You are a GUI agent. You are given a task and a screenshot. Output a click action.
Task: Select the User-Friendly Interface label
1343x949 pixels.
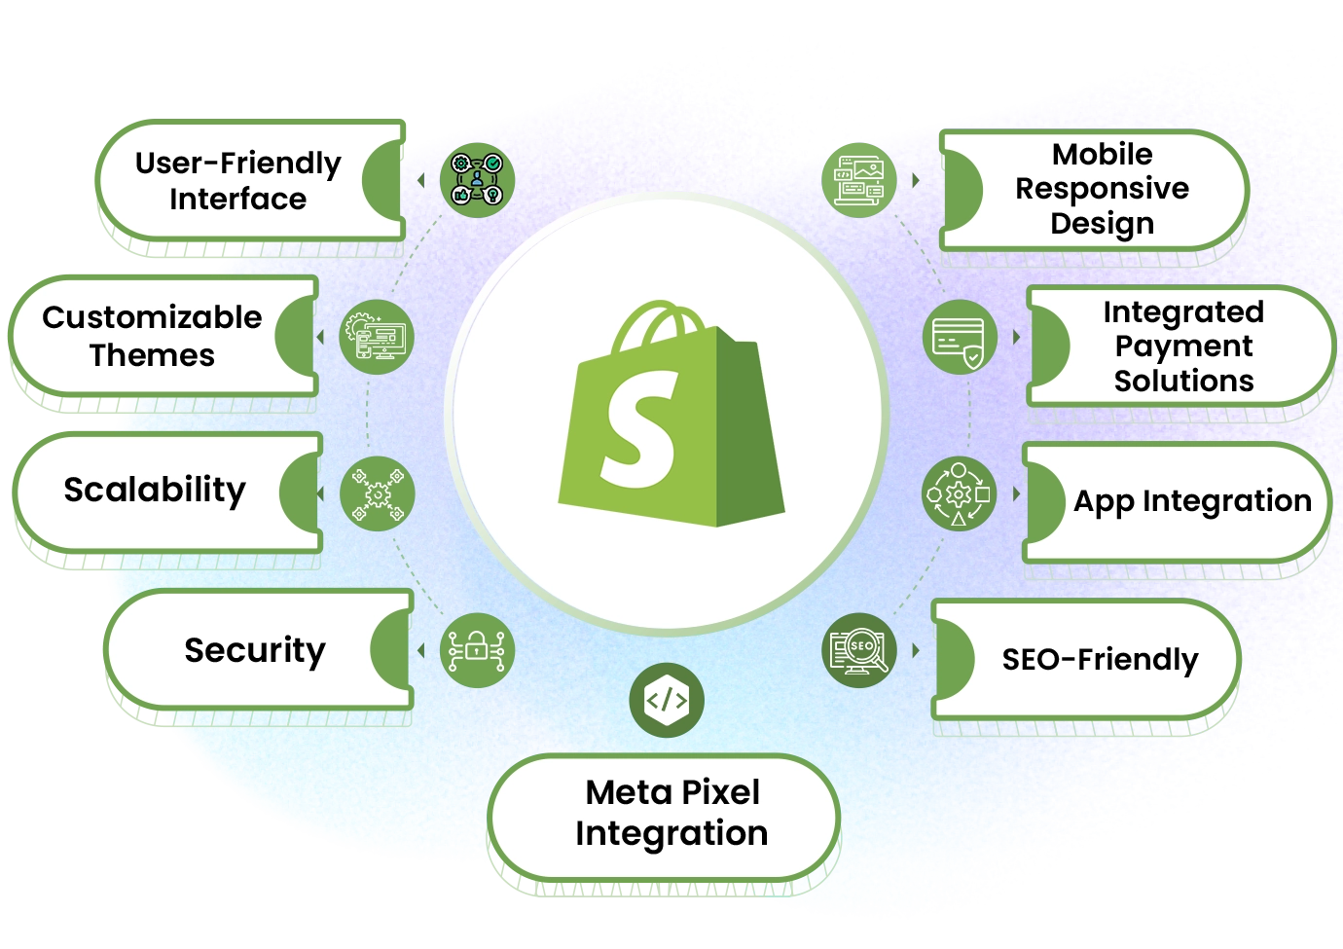pos(238,180)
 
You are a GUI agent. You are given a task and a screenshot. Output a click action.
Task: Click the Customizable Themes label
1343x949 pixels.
pos(153,336)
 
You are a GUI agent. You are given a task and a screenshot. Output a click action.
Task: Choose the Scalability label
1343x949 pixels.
pos(156,490)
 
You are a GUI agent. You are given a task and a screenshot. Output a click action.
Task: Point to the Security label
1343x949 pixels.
pos(255,649)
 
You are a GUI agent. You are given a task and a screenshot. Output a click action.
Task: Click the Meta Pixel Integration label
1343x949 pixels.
pos(671,813)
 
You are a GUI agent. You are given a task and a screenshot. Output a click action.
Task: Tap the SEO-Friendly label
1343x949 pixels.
pos(1100,660)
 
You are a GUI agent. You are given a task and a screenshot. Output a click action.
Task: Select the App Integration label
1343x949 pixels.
pos(1192,501)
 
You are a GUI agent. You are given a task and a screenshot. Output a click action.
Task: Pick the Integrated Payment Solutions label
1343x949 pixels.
pos(1183,347)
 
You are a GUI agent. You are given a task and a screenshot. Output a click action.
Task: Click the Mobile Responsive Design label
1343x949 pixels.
pos(1103,188)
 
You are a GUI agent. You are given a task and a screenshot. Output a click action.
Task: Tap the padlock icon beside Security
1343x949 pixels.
pos(476,649)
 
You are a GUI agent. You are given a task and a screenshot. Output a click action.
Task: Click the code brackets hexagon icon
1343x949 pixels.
pos(667,700)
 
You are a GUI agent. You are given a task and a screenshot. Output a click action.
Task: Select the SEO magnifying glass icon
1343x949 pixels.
pos(858,650)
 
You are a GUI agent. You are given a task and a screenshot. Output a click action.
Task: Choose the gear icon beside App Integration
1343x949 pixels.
pos(959,494)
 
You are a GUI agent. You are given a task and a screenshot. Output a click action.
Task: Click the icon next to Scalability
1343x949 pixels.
pos(378,494)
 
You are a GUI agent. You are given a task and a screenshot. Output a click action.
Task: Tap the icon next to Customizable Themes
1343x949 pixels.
pos(378,337)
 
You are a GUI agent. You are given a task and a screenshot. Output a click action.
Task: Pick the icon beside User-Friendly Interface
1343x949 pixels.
pos(476,179)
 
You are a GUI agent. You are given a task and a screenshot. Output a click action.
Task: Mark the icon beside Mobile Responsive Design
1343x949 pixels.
pos(858,179)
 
